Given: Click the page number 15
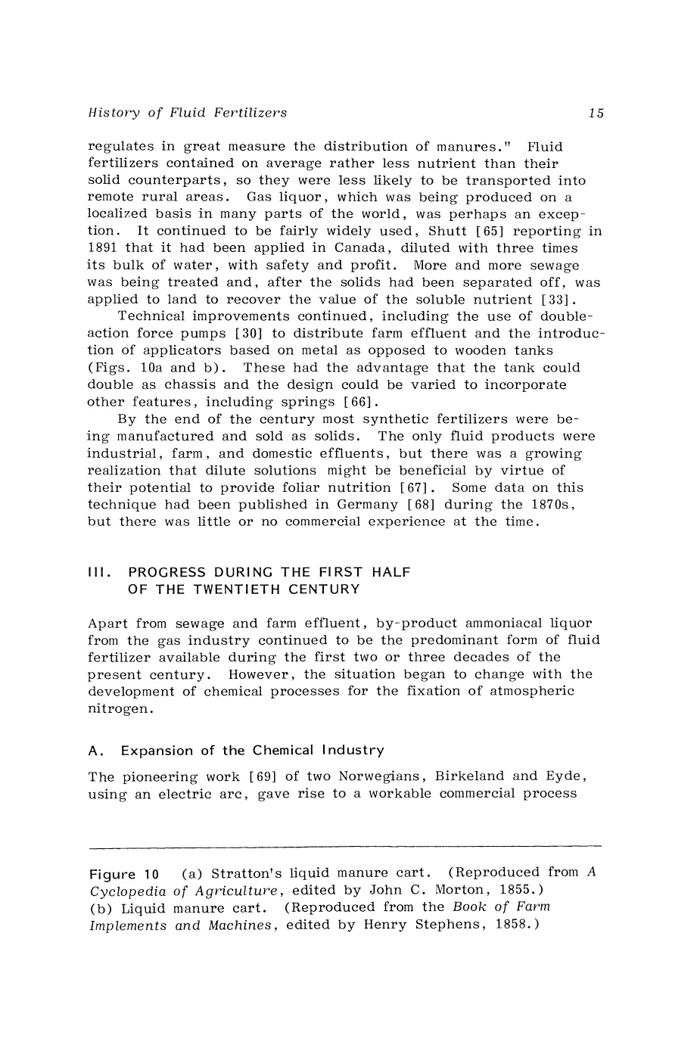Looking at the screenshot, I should click(596, 114).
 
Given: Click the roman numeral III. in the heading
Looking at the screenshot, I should click(100, 573).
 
